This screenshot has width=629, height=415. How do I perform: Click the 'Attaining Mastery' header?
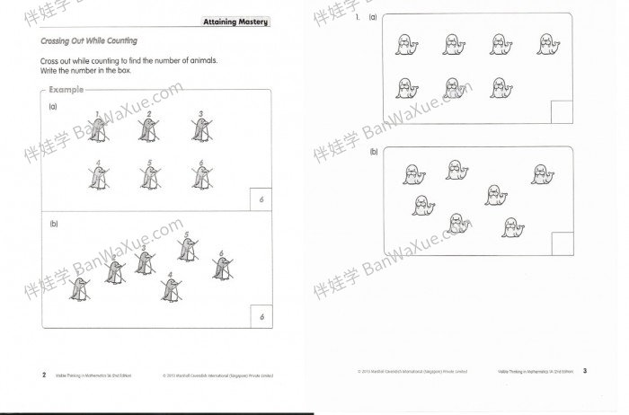point(235,22)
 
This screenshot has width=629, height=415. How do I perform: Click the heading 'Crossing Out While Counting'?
point(89,41)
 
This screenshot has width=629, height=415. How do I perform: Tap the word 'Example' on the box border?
point(66,90)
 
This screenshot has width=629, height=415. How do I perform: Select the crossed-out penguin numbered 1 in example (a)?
point(99,131)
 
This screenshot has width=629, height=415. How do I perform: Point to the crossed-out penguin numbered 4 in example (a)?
point(98,178)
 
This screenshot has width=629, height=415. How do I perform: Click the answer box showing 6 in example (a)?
point(261,199)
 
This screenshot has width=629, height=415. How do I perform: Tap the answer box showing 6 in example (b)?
point(261,316)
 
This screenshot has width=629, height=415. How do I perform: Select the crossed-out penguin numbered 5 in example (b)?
point(187,250)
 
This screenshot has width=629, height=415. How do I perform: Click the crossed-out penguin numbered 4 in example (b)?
point(170,288)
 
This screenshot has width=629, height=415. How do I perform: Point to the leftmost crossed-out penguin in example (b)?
point(79,287)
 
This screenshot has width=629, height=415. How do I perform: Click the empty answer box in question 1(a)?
point(561,111)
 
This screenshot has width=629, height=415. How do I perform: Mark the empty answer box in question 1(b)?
point(562,243)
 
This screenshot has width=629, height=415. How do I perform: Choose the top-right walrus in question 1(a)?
point(548,45)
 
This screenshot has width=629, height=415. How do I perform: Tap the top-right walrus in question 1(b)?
point(539,174)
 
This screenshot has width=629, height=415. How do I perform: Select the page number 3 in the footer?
point(584,370)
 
